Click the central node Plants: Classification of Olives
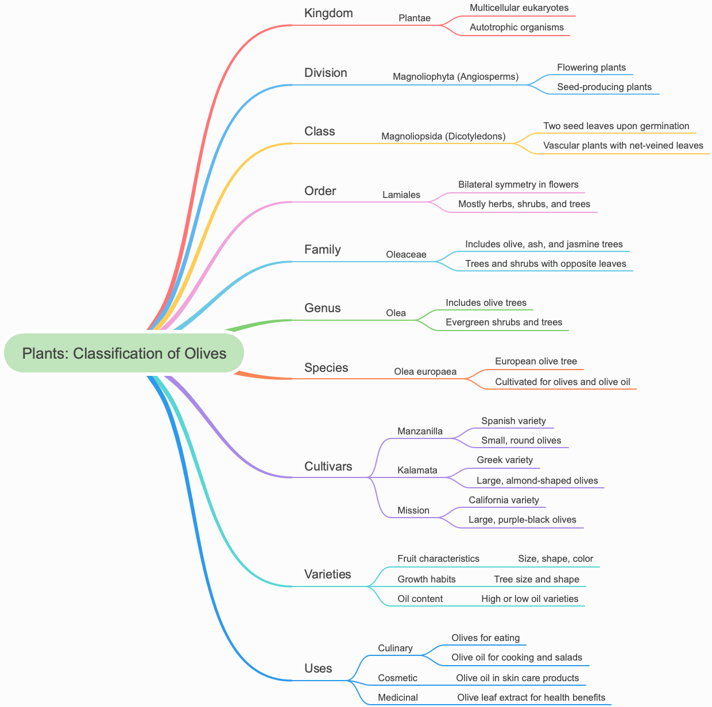click(x=124, y=353)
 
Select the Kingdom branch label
click(x=328, y=13)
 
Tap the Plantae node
click(x=414, y=18)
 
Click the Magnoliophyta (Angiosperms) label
click(x=455, y=77)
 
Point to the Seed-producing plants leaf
click(x=604, y=87)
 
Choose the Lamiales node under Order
click(x=401, y=195)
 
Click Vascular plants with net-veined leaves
click(x=623, y=146)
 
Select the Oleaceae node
click(x=406, y=255)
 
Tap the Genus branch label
click(x=322, y=308)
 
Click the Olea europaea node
click(x=425, y=372)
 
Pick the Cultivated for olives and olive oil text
click(x=562, y=382)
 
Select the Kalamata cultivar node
click(x=417, y=471)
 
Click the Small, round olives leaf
click(x=521, y=441)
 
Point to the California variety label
click(x=504, y=500)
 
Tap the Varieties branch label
click(x=327, y=574)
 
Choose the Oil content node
click(x=420, y=599)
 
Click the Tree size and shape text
click(x=536, y=580)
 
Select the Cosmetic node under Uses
click(x=397, y=678)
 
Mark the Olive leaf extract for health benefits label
click(x=531, y=698)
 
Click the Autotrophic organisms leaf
click(x=516, y=28)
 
